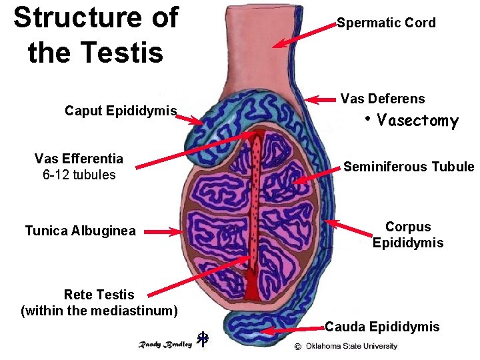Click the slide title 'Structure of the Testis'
(x=95, y=35)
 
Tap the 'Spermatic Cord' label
(x=386, y=23)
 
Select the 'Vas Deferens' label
(x=382, y=99)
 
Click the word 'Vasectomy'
(x=417, y=121)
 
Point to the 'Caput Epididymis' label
(x=120, y=110)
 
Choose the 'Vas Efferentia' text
(x=79, y=159)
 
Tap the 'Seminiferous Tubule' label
(x=408, y=167)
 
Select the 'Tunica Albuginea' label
(x=80, y=231)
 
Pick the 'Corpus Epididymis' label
(x=408, y=235)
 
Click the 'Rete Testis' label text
(x=99, y=295)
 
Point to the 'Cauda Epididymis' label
(x=382, y=327)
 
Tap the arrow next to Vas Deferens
(x=321, y=100)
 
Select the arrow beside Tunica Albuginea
(x=163, y=232)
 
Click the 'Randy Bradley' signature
(x=165, y=344)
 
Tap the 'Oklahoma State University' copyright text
(x=351, y=346)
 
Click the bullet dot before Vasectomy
(x=367, y=119)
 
